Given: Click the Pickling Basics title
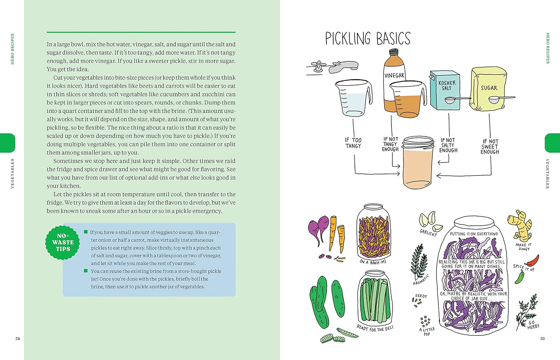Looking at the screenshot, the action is pyautogui.click(x=367, y=38).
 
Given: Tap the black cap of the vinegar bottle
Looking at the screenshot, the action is pyautogui.click(x=394, y=52).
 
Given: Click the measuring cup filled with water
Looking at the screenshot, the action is pyautogui.click(x=353, y=98).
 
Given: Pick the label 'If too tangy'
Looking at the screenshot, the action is pyautogui.click(x=353, y=143).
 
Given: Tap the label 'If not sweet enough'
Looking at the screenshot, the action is pyautogui.click(x=490, y=147).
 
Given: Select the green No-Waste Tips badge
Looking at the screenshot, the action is pyautogui.click(x=63, y=242).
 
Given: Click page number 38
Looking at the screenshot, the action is pyautogui.click(x=18, y=339).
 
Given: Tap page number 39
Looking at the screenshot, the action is pyautogui.click(x=542, y=339).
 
